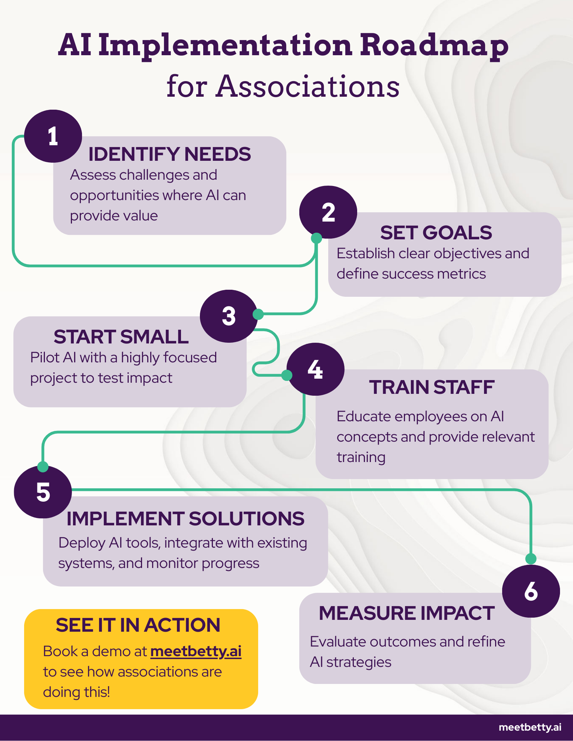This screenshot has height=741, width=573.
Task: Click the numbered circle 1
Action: [x=53, y=136]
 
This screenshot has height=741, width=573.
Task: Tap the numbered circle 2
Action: [x=328, y=212]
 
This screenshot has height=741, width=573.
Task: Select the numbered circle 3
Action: [x=229, y=316]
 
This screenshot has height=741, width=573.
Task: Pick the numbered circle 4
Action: [x=316, y=369]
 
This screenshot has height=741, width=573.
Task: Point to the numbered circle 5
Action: [x=43, y=492]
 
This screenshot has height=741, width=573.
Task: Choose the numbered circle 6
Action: [x=531, y=591]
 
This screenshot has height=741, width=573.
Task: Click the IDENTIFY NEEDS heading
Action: [x=169, y=154]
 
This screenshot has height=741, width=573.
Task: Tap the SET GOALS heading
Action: [x=436, y=233]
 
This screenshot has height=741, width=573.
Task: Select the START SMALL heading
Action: [x=121, y=337]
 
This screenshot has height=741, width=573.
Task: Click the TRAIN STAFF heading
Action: [x=432, y=387]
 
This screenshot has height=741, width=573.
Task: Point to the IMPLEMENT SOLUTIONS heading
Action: [x=185, y=518]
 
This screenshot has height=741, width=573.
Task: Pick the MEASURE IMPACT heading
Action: [x=407, y=613]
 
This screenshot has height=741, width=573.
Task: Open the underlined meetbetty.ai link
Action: [x=196, y=651]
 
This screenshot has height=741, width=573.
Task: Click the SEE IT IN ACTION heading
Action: [x=138, y=625]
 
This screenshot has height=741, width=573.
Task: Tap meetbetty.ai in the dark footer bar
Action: [x=530, y=727]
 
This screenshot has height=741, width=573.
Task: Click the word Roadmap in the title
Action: [x=434, y=46]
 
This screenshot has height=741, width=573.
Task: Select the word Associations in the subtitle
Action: [x=308, y=86]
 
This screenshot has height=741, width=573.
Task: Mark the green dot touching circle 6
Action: [x=531, y=559]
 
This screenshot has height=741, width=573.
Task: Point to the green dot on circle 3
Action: [x=258, y=314]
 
